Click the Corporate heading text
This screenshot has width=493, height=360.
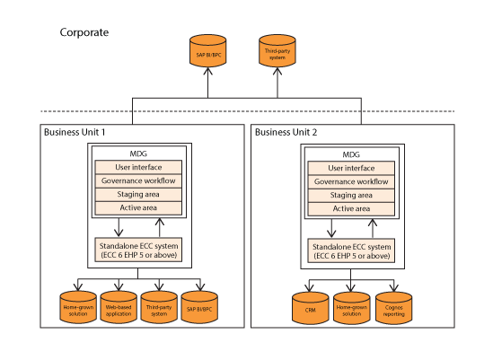(84, 32)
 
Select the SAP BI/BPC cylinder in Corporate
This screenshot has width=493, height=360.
(207, 51)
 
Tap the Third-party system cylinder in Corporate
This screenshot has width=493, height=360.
(277, 51)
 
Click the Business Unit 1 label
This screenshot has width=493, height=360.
(75, 132)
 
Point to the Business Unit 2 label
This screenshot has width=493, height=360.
(286, 132)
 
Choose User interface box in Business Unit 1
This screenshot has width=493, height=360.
(138, 167)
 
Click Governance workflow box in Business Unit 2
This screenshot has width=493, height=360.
(351, 181)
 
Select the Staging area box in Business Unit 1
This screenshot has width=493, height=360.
(138, 195)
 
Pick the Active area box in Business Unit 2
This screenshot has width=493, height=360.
(351, 209)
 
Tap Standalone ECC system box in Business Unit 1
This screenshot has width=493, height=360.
(138, 250)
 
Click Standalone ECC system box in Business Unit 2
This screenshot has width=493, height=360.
(351, 250)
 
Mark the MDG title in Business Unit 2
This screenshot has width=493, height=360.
(351, 154)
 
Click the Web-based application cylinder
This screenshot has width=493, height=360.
(119, 307)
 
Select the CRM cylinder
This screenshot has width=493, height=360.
(311, 308)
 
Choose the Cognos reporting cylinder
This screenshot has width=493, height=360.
(393, 308)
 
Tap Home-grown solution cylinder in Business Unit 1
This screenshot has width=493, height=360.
(78, 307)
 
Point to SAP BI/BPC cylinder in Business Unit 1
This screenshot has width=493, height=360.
(199, 307)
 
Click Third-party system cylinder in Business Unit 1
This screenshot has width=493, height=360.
(159, 307)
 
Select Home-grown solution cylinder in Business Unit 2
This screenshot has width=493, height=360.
(351, 308)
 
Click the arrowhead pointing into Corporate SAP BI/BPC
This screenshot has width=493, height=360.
(207, 71)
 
